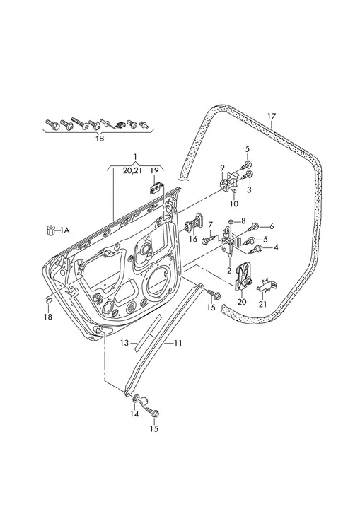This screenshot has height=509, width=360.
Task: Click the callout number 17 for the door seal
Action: coord(272,116)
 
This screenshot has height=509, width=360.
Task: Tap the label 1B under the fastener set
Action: coord(100,139)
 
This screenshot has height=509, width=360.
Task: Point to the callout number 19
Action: coord(154,170)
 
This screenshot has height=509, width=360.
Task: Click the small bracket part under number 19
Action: coord(156,187)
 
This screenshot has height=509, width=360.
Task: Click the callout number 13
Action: coord(124,343)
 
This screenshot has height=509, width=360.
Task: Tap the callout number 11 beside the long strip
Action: coord(178,343)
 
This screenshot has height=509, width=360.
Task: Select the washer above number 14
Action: coord(136,398)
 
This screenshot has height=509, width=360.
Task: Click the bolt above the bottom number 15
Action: coord(152,412)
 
